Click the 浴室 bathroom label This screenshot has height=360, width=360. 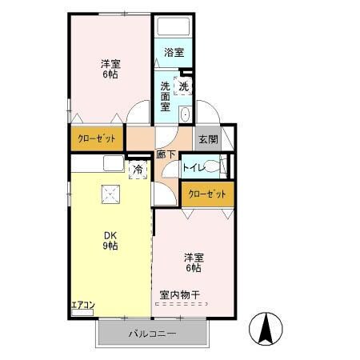[174, 53]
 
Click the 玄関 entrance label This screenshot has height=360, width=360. [207, 138]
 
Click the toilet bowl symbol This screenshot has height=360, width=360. [212, 168]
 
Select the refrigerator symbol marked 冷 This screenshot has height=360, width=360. [138, 170]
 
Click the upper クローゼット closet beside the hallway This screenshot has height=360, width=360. [97, 138]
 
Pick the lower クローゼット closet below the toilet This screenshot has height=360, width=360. [206, 194]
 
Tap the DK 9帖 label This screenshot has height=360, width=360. [110, 240]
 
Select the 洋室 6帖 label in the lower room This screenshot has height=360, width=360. [193, 263]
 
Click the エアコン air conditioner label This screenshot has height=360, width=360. [83, 304]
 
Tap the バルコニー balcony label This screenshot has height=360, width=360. [152, 332]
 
